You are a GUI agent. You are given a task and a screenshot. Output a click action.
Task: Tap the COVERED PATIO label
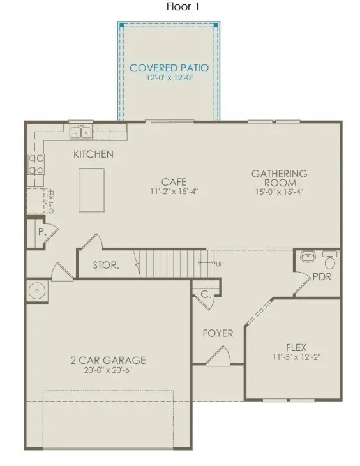pyautogui.click(x=169, y=68)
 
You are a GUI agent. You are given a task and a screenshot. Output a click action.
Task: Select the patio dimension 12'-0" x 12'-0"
pyautogui.click(x=169, y=79)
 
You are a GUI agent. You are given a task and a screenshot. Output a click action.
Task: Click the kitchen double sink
pyautogui.click(x=81, y=133)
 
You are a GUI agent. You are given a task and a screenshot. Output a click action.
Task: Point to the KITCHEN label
pyautogui.click(x=93, y=154)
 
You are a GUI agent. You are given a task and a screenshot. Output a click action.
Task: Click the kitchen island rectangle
pyautogui.click(x=91, y=190)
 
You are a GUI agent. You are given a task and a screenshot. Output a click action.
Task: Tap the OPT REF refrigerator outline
pyautogui.click(x=37, y=202)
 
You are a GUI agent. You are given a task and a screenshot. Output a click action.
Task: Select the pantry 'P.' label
pyautogui.click(x=41, y=232)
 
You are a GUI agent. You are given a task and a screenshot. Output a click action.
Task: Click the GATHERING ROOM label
pyautogui.click(x=279, y=177)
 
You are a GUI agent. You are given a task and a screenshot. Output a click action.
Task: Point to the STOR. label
pyautogui.click(x=105, y=265)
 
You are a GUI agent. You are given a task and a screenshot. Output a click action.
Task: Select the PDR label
pyautogui.click(x=321, y=278)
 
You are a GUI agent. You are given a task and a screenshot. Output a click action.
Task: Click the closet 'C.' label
pyautogui.click(x=206, y=295)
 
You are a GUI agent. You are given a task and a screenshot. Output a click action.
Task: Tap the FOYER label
pyautogui.click(x=218, y=333)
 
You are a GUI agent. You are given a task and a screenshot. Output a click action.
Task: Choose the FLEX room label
pyautogui.click(x=296, y=348)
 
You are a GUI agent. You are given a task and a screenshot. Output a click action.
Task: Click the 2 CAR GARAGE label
pyautogui.click(x=108, y=360)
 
